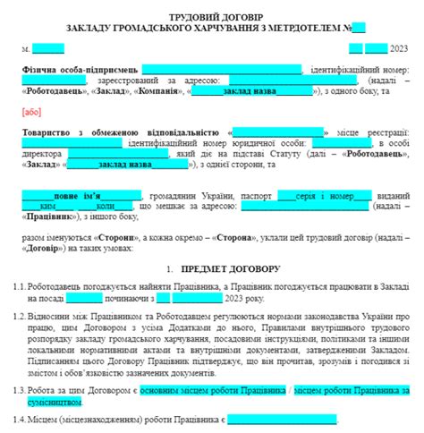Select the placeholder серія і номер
tap(323, 195)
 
